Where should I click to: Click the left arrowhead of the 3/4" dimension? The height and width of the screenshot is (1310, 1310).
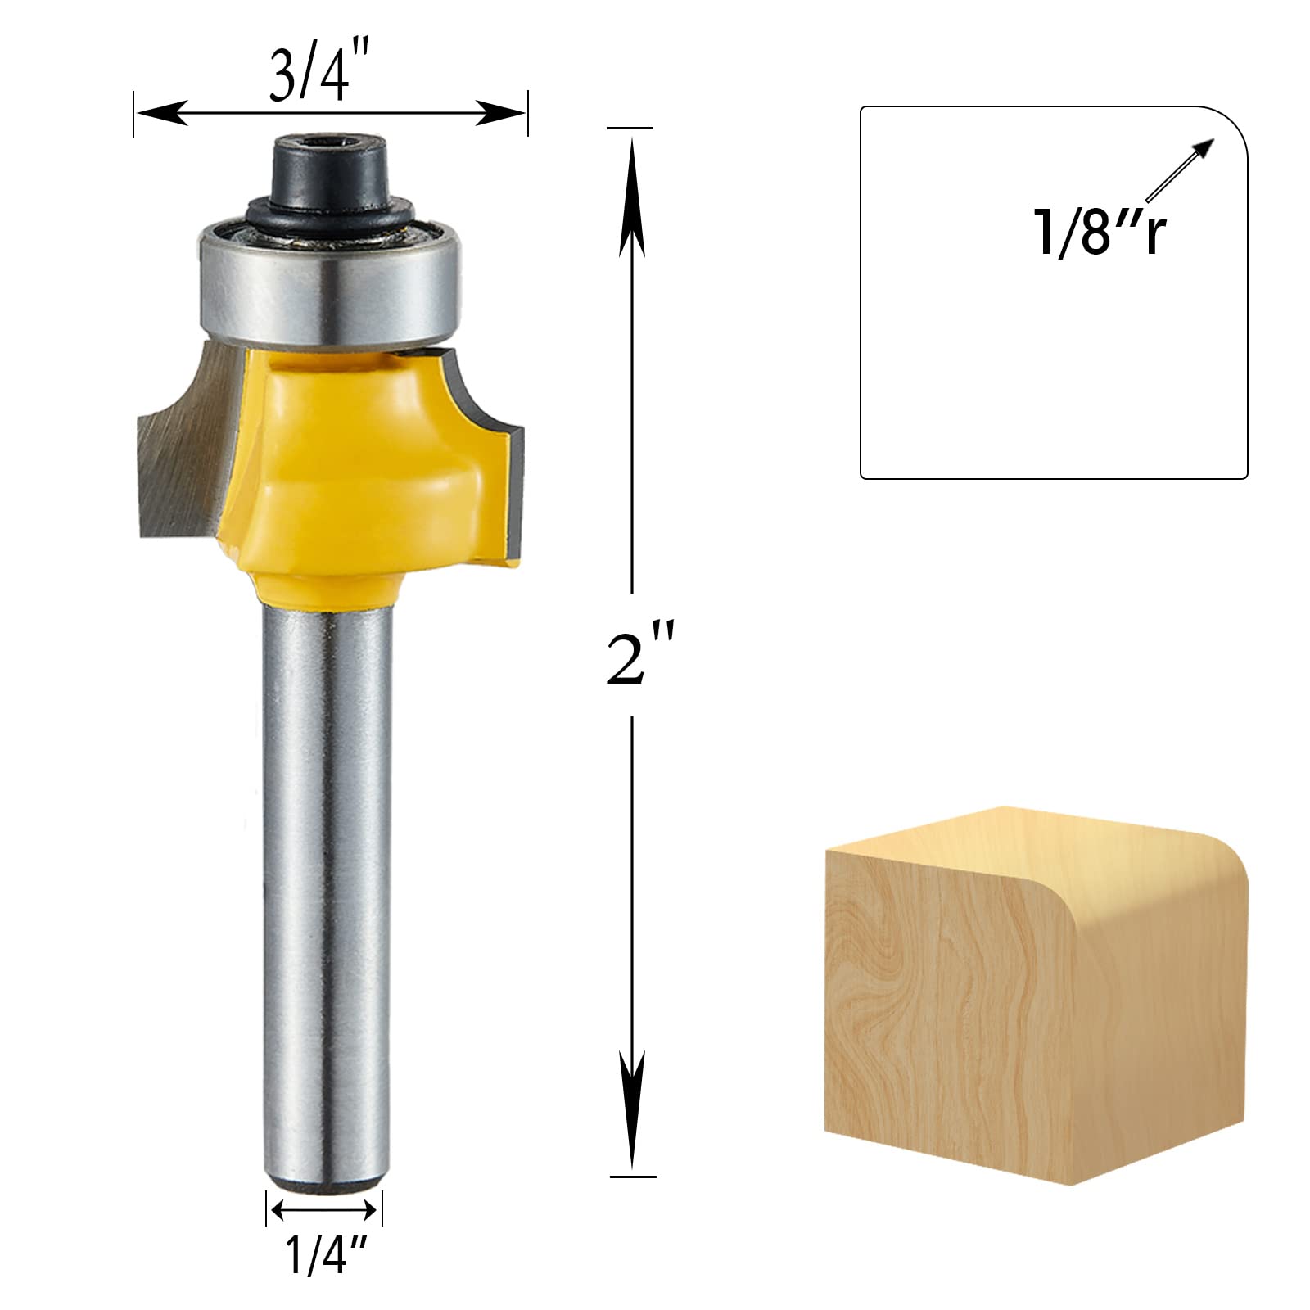click(160, 113)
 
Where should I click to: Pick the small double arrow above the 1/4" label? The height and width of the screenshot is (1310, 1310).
click(323, 1209)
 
